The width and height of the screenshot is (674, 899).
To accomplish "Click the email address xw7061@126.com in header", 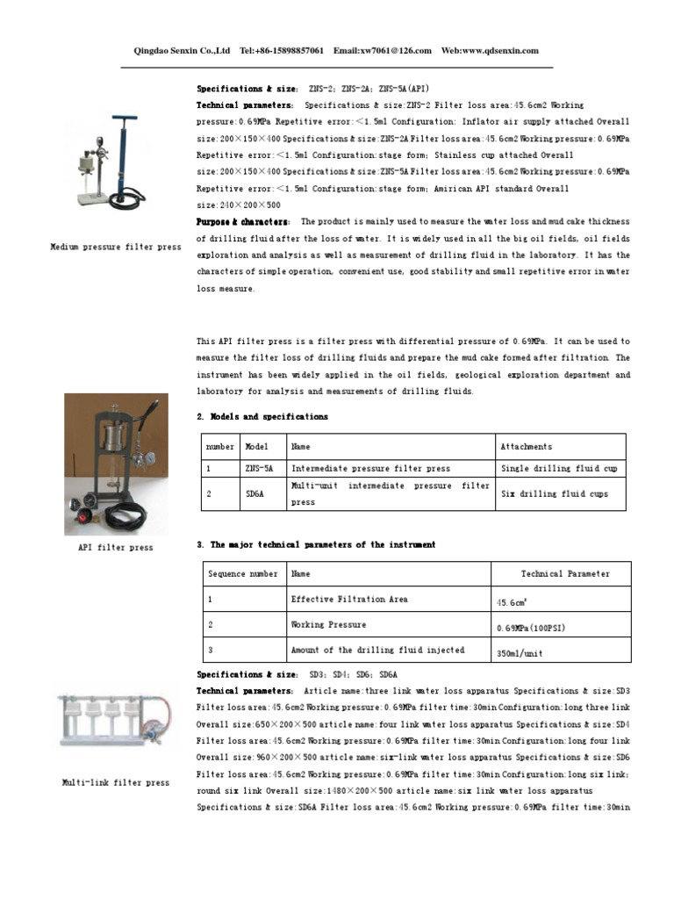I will coord(396,51).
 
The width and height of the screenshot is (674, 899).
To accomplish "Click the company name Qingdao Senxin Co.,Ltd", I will coord(181,51).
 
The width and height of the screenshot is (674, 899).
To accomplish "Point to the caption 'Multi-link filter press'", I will coord(115,782).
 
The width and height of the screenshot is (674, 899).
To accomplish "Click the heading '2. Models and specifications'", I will coord(262,417).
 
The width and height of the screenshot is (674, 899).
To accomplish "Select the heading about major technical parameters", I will coord(315,545).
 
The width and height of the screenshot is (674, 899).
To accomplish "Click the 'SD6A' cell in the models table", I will coord(255,494).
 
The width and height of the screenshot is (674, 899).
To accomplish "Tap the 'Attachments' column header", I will coord(526,447).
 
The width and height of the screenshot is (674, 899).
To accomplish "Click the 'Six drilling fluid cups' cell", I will coord(553,494).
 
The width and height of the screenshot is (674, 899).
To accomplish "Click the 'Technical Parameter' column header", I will coord(564,574).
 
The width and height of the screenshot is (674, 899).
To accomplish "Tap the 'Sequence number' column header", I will coord(242,574).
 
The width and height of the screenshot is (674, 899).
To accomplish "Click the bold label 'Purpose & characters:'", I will coord(244,222).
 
